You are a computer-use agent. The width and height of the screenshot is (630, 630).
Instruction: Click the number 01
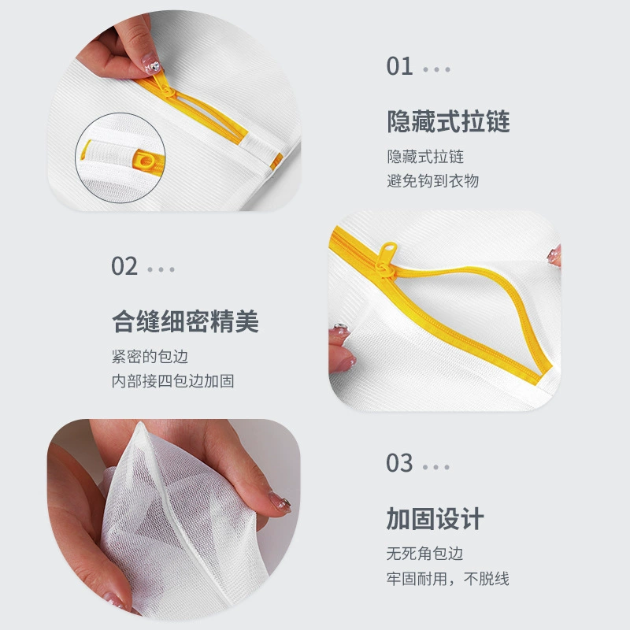point(399,66)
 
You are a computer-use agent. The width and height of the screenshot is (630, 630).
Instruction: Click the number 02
point(124,266)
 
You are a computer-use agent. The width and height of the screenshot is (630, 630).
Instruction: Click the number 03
point(399,463)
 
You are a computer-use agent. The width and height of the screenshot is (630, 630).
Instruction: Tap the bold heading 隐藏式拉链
point(448,121)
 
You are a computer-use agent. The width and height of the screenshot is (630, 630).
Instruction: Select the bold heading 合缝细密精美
point(185,321)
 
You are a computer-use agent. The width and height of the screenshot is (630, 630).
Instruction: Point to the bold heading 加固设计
point(435,519)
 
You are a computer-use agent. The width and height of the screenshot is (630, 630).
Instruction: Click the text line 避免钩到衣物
point(433,181)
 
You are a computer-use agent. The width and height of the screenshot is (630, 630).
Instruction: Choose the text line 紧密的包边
point(150,357)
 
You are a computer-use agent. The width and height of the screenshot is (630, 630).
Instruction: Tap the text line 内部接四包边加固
point(172,381)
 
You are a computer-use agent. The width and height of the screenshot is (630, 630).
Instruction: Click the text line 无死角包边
point(424,554)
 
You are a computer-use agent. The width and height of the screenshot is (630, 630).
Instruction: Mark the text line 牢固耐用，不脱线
point(448,579)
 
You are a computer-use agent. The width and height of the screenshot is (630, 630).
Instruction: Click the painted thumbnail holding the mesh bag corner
point(280,502)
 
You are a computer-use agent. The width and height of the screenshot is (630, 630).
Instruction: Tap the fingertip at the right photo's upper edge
point(555,254)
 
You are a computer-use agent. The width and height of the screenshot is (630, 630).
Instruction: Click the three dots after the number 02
point(161,269)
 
